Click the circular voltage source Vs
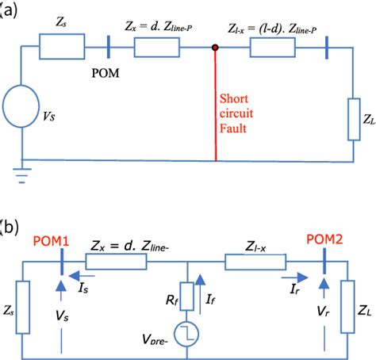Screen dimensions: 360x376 (x=25, y=106)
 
